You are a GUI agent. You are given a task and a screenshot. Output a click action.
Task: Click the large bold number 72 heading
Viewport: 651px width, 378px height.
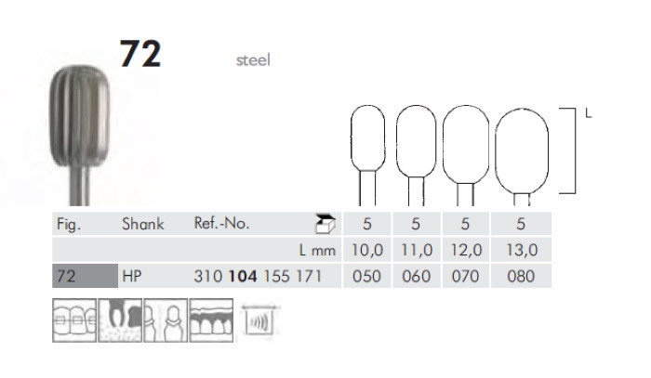pos(140,55)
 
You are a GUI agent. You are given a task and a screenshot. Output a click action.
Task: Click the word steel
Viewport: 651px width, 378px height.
pos(251,61)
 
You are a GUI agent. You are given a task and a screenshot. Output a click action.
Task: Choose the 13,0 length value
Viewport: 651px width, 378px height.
pos(523,251)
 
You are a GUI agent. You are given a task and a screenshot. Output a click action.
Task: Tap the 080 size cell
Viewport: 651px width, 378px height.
pos(523,278)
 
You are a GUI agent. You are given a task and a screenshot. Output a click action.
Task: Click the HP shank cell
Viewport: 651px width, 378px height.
pos(133,278)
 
